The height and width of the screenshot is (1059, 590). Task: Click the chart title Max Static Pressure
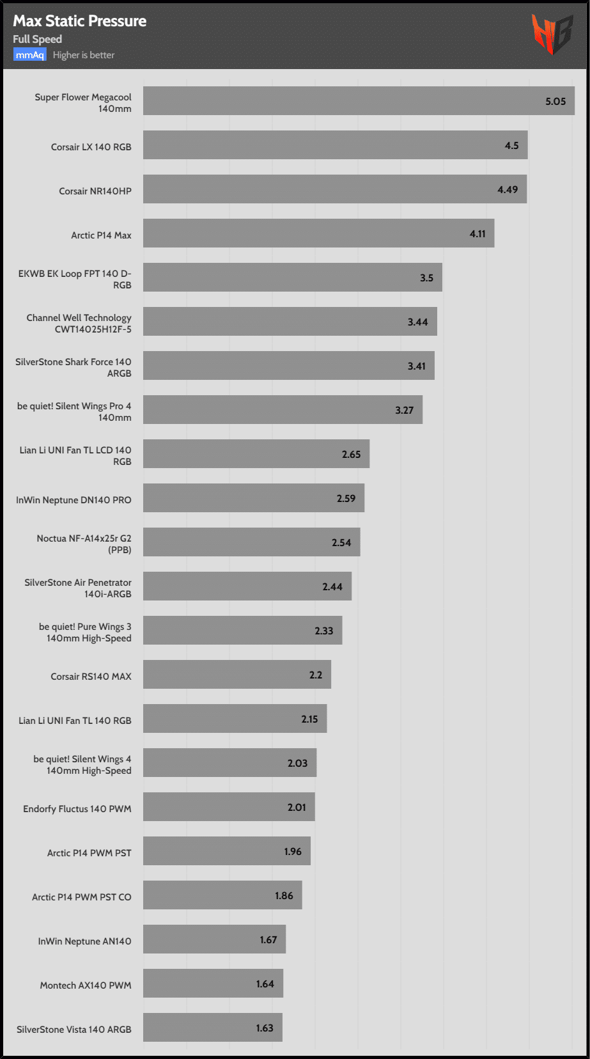point(80,21)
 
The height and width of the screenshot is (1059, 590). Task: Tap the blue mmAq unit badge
point(30,55)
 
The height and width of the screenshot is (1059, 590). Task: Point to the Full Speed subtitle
point(38,39)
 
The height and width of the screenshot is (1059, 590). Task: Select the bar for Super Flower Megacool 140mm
point(358,101)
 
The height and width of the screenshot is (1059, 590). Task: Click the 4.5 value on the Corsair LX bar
point(511,146)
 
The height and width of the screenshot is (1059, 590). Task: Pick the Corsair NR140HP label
point(95,191)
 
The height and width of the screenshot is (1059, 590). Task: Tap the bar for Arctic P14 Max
point(318,233)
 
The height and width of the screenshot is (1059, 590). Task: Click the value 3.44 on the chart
point(417,322)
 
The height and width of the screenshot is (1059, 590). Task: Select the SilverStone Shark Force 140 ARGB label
point(74,367)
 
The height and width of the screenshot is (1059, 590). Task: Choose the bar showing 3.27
point(283,410)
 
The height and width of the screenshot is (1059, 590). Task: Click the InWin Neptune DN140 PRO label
point(74,500)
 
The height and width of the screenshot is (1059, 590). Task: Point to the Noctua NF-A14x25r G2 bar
point(251,542)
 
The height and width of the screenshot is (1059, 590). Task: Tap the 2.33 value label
point(323,631)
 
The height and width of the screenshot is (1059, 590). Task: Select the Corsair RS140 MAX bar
point(237,675)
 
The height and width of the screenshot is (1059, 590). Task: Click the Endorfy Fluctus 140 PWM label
point(77,809)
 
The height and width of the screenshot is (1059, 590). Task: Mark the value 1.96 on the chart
point(293,852)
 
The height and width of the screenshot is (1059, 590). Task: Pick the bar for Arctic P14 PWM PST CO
point(222,895)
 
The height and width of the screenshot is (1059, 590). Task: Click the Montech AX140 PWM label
point(86,985)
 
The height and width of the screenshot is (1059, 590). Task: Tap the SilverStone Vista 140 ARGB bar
point(212,1028)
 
